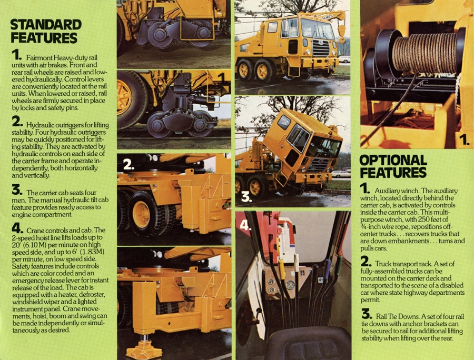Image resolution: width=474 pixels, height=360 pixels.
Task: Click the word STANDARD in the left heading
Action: click(46, 25)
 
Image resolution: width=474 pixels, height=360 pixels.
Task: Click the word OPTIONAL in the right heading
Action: click(393, 160)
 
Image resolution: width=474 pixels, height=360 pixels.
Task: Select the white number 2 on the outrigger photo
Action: click(129, 164)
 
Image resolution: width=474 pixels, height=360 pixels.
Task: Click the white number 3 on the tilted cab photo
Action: click(246, 197)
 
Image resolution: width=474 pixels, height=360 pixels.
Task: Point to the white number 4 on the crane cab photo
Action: click(245, 225)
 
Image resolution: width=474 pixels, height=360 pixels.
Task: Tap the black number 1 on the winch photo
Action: click(464, 139)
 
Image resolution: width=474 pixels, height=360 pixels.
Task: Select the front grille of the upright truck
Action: click(321, 48)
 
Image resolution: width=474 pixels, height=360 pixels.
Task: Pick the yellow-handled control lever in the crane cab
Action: click(281, 269)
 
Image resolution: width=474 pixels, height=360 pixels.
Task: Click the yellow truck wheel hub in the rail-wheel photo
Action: click(124, 97)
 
